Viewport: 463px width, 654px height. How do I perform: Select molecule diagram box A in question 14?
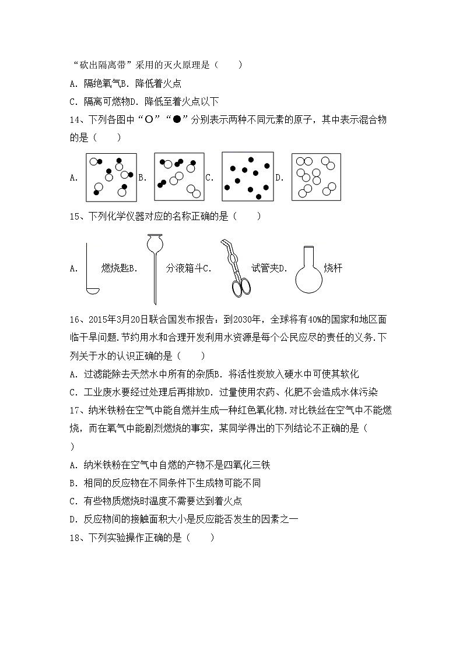pyautogui.click(x=111, y=177)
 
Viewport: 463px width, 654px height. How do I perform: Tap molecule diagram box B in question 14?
pyautogui.click(x=179, y=177)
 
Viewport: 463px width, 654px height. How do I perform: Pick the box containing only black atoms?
pyautogui.click(x=247, y=177)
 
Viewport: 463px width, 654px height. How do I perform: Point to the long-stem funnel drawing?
pyautogui.click(x=155, y=268)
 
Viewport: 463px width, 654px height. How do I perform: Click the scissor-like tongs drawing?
pyautogui.click(x=234, y=268)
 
